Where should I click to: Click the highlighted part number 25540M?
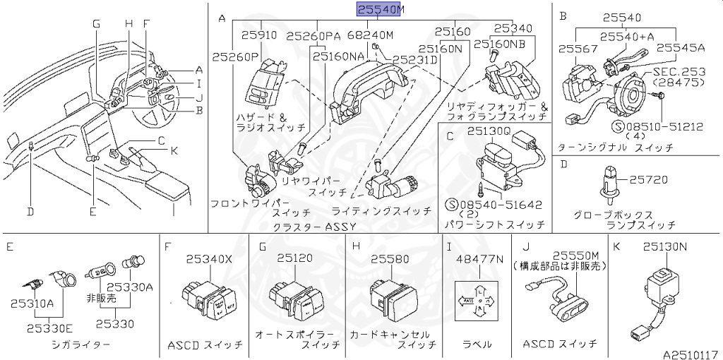[380, 10]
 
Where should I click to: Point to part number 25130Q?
[488, 131]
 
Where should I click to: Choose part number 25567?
[577, 48]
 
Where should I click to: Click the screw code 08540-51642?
[499, 205]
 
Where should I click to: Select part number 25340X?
[208, 259]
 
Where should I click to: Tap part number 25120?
[294, 258]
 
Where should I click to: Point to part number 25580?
[390, 259]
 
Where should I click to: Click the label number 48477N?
[480, 259]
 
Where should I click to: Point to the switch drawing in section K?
[664, 289]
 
